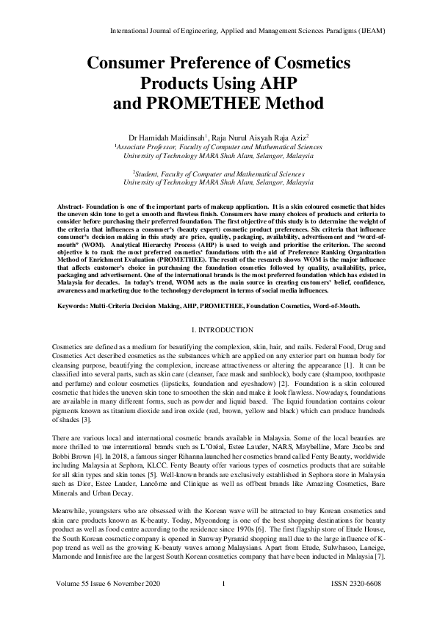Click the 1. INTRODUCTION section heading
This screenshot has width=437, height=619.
click(x=217, y=330)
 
